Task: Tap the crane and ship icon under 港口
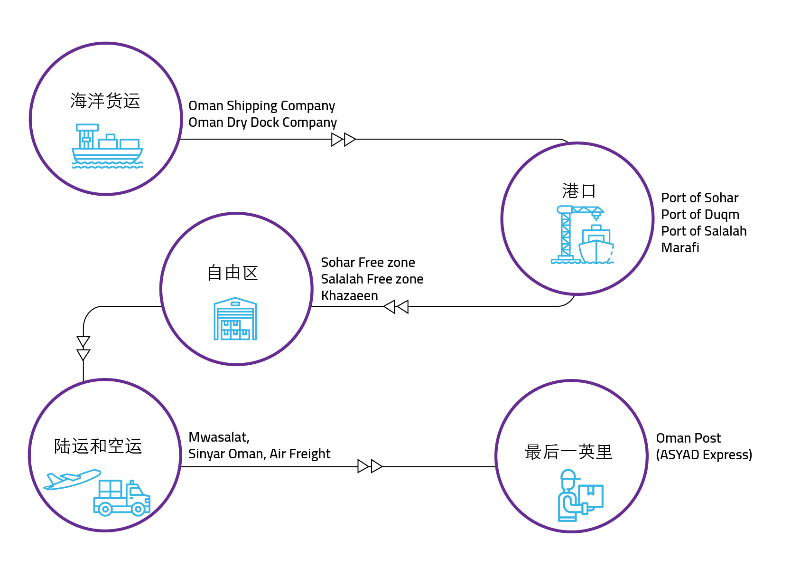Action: [x=582, y=235]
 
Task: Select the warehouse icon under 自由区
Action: [x=235, y=319]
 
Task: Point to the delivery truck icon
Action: [x=122, y=498]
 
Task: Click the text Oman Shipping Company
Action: [x=261, y=105]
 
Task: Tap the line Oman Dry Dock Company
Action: [x=262, y=123]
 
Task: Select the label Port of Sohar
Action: [x=699, y=198]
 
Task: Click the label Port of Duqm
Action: [x=700, y=215]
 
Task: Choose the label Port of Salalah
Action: [x=704, y=231]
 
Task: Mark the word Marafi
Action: [x=680, y=248]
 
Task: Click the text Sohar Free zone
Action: [x=368, y=263]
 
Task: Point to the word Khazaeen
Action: [x=349, y=296]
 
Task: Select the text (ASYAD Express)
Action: [x=704, y=455]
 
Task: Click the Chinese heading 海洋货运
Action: [x=105, y=101]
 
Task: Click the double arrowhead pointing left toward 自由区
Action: [x=396, y=307]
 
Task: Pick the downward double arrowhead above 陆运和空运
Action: [x=84, y=349]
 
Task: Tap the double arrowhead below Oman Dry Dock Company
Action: [x=344, y=140]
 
